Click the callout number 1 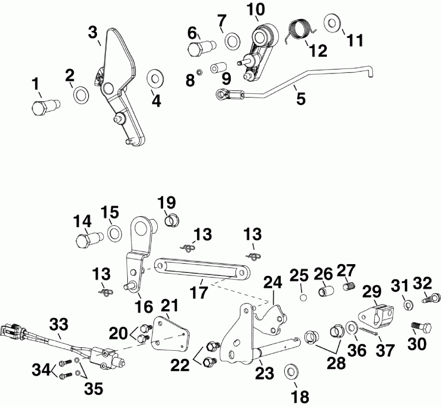coord(35,85)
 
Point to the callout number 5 coord(300,99)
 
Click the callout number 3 coord(93,33)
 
